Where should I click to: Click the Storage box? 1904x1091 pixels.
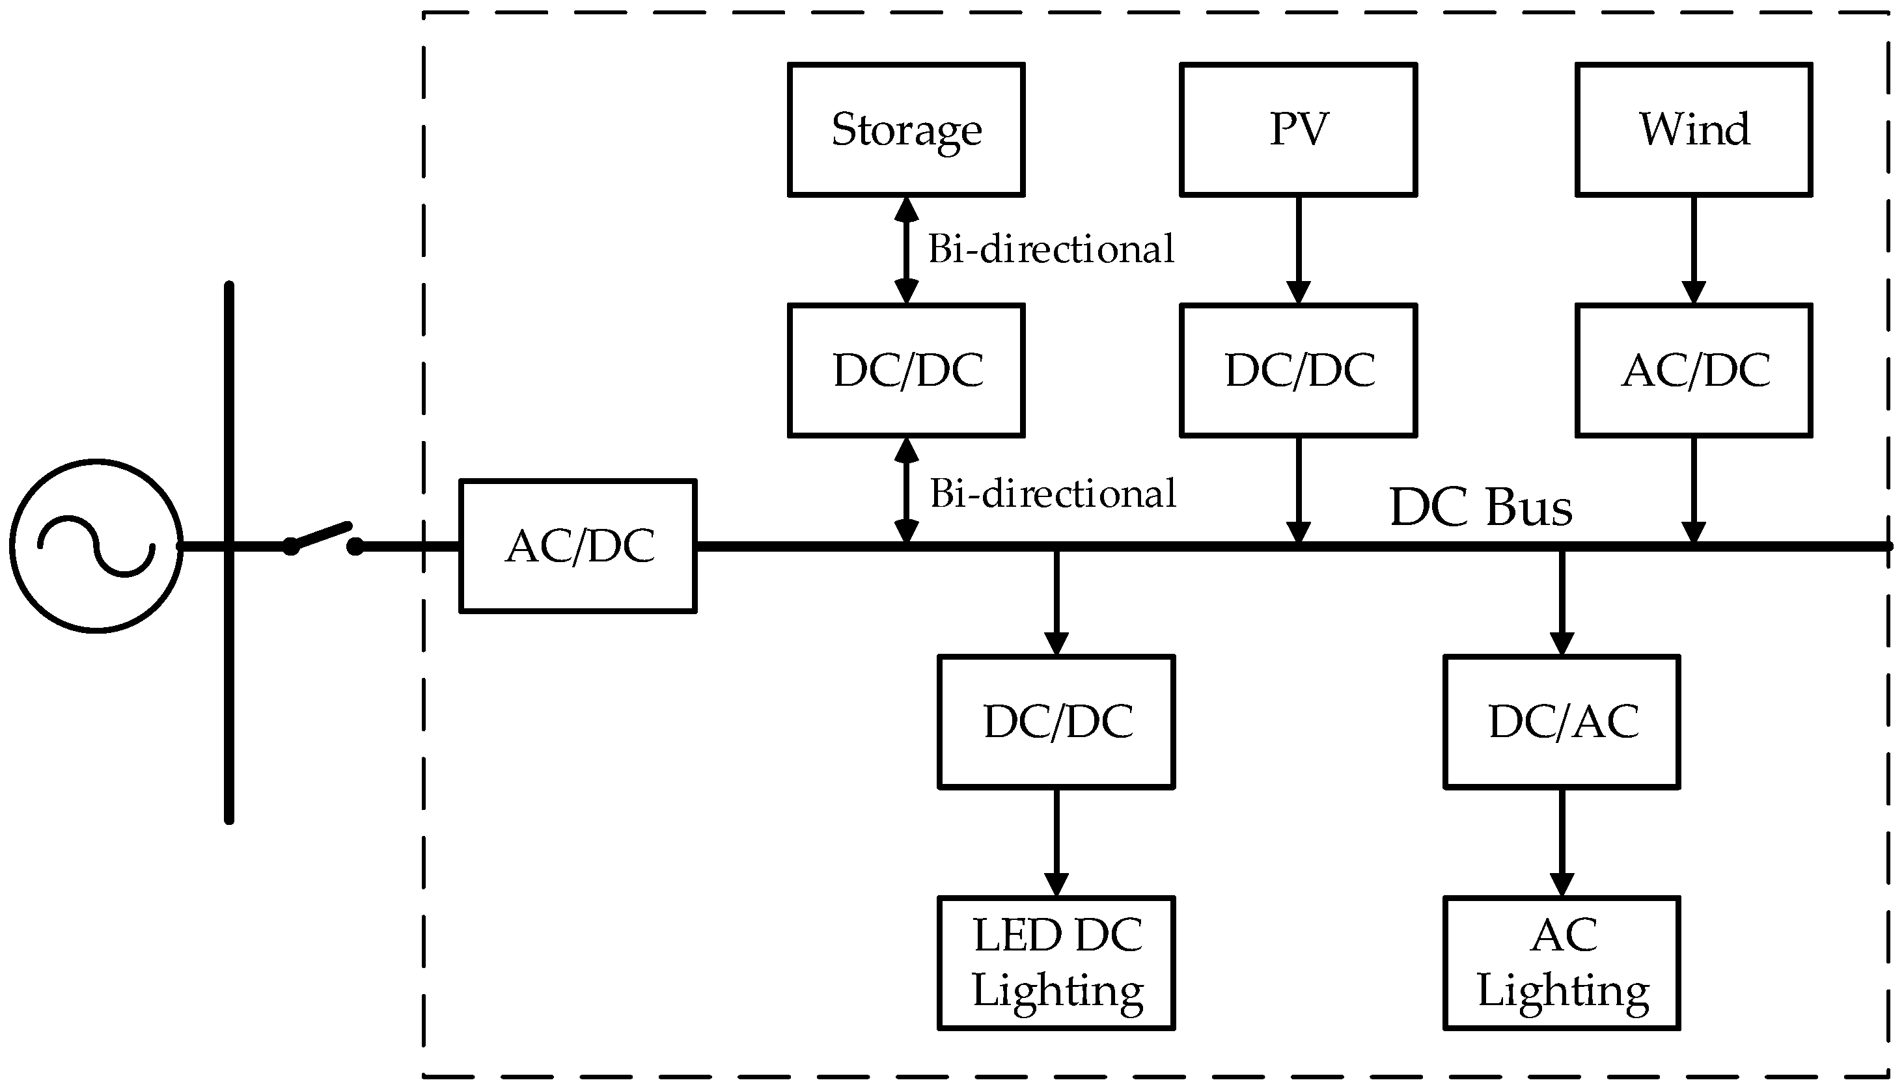pyautogui.click(x=905, y=129)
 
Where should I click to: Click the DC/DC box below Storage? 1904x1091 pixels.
pyautogui.click(x=905, y=370)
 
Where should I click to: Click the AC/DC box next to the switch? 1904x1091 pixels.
pyautogui.click(x=577, y=546)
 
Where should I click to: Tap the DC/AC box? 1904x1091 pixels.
pyautogui.click(x=1562, y=721)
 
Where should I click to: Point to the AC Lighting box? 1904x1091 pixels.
pyautogui.click(x=1562, y=963)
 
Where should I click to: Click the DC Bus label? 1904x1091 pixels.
pyautogui.click(x=1480, y=507)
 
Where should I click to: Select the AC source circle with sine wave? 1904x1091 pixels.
pyautogui.click(x=96, y=546)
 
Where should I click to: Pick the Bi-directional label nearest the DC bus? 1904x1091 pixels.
pyautogui.click(x=1053, y=494)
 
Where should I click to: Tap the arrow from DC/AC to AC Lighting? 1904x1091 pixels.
pyautogui.click(x=1562, y=842)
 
